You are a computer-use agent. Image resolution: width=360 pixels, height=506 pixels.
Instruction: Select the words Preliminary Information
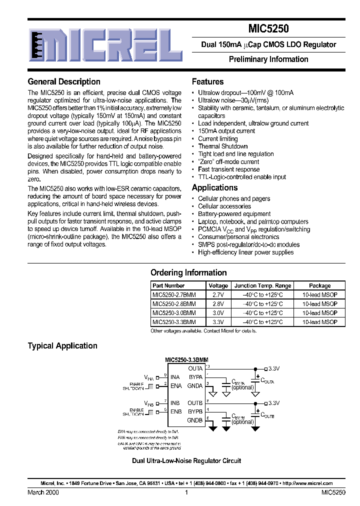268,59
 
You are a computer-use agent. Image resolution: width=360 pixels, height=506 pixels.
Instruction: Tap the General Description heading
64,81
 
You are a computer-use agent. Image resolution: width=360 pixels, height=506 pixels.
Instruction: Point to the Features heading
207,81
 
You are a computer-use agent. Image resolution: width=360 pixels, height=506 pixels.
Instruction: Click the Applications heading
214,187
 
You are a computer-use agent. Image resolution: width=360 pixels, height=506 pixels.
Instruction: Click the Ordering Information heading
188,272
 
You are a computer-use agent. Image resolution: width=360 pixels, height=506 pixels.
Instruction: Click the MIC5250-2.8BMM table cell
174,303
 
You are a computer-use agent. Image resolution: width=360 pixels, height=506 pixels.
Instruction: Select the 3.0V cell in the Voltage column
218,313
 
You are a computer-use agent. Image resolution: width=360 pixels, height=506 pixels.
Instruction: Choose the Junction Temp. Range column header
262,286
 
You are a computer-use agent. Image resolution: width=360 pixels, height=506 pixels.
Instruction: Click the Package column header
319,286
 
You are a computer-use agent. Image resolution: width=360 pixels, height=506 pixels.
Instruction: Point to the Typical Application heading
62,345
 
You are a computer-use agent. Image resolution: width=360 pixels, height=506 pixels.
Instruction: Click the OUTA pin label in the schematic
195,368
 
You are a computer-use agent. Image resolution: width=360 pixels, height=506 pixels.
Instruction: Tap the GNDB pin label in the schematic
194,420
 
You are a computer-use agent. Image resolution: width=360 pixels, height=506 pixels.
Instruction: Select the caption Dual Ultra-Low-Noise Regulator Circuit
186,460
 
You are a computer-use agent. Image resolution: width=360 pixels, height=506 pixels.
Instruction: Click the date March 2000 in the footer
43,492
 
